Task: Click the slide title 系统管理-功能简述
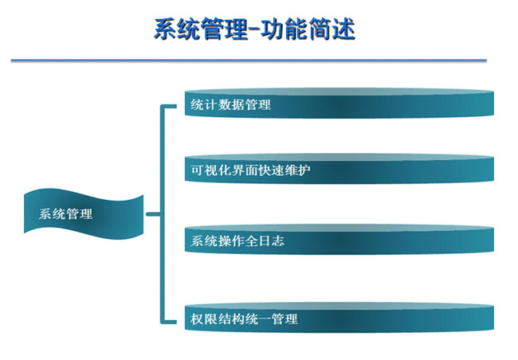click(x=254, y=29)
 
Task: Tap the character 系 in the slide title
click(x=165, y=29)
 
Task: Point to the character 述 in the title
click(x=343, y=29)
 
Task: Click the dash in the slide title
click(x=254, y=29)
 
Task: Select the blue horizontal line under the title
click(x=249, y=61)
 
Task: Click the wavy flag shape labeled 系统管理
click(x=84, y=214)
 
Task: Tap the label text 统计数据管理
click(x=230, y=104)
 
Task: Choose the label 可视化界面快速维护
click(x=250, y=170)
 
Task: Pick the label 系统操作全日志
click(x=237, y=241)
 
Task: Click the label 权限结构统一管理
click(x=244, y=319)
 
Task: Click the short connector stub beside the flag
click(x=153, y=214)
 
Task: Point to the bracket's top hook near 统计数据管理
click(x=169, y=107)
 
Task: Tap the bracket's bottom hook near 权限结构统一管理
click(x=169, y=322)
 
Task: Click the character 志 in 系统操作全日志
click(x=278, y=241)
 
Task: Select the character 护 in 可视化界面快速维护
click(x=304, y=170)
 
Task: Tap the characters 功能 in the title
click(x=285, y=29)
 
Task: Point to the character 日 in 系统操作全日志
click(x=265, y=241)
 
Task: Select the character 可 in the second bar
click(x=197, y=170)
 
